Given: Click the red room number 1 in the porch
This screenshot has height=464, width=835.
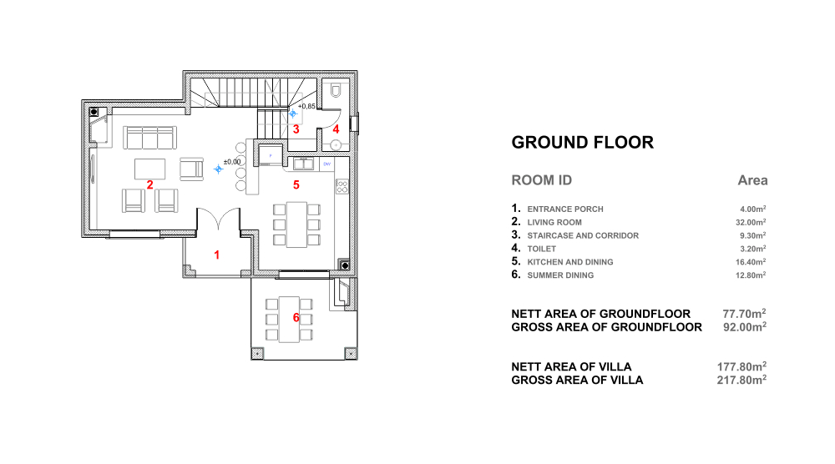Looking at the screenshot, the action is (x=217, y=255).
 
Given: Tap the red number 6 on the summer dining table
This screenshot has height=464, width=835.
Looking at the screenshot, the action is (x=296, y=318).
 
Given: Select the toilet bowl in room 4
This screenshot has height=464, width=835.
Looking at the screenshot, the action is (x=336, y=90).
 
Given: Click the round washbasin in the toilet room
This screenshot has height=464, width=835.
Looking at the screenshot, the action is (x=336, y=144).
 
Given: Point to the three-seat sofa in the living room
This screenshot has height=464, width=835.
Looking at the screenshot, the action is (x=149, y=138).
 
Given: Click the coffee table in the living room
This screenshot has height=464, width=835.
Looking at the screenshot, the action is (x=149, y=169).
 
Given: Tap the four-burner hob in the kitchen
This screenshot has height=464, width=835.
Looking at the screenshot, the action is (x=342, y=186).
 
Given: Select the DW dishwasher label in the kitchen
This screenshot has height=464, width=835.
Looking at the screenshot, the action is (x=327, y=164).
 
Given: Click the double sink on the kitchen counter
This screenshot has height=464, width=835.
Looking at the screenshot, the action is (x=304, y=164).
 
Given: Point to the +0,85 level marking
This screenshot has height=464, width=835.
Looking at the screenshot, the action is (x=306, y=107).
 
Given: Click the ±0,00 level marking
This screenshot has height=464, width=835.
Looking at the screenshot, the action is (x=232, y=162).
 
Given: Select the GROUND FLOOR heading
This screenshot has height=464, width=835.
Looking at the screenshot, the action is (x=583, y=143).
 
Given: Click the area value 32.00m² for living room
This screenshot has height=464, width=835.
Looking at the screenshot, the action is (x=751, y=223).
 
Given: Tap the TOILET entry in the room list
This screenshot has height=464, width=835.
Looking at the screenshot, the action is (x=542, y=249).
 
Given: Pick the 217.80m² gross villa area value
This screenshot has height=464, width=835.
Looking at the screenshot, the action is (x=741, y=380).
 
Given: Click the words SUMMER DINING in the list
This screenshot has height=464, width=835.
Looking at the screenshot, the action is (x=560, y=275).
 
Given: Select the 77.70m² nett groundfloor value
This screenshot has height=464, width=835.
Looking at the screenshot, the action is (x=745, y=314).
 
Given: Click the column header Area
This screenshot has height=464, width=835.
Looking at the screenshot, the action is (x=752, y=180).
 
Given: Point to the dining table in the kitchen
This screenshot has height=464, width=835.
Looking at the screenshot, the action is (x=296, y=224).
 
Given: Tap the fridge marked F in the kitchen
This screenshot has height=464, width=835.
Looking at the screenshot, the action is (x=271, y=155).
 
